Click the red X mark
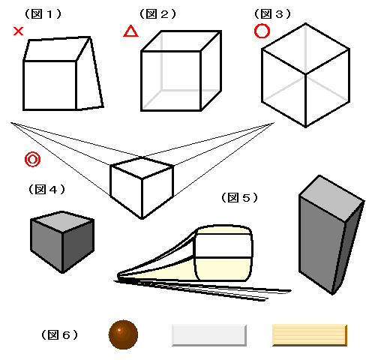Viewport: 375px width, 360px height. click(18, 31)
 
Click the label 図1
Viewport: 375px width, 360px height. click(43, 14)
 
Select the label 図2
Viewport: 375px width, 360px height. click(157, 14)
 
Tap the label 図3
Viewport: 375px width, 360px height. click(272, 14)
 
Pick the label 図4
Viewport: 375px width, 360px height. click(46, 190)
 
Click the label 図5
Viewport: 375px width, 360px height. click(239, 198)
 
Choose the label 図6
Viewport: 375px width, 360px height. click(59, 334)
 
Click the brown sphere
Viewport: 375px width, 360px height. click(123, 334)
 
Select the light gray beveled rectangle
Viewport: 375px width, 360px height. click(209, 335)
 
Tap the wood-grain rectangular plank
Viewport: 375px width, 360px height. click(310, 335)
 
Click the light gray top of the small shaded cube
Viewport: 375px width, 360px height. click(62, 222)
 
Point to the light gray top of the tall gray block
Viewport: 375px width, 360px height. click(331, 197)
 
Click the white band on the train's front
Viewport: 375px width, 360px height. click(223, 246)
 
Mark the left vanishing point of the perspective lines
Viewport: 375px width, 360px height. click(10, 122)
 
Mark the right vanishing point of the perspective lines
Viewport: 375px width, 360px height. click(274, 123)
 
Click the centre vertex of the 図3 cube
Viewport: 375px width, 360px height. click(305, 73)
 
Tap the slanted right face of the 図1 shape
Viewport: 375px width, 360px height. click(88, 77)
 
